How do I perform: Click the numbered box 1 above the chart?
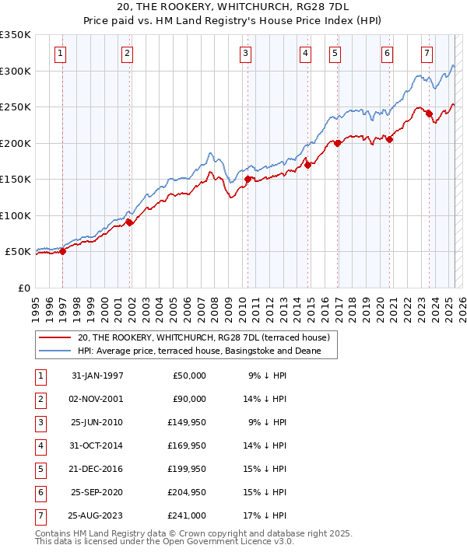point(61,54)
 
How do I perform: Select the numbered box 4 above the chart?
point(306,54)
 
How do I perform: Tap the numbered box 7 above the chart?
point(427,54)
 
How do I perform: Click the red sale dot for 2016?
point(338,143)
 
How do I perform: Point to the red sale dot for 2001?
point(130,222)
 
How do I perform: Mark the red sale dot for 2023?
point(429,114)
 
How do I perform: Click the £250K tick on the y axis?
point(16,107)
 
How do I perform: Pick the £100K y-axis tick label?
point(16,215)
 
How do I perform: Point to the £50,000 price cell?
point(188,376)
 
